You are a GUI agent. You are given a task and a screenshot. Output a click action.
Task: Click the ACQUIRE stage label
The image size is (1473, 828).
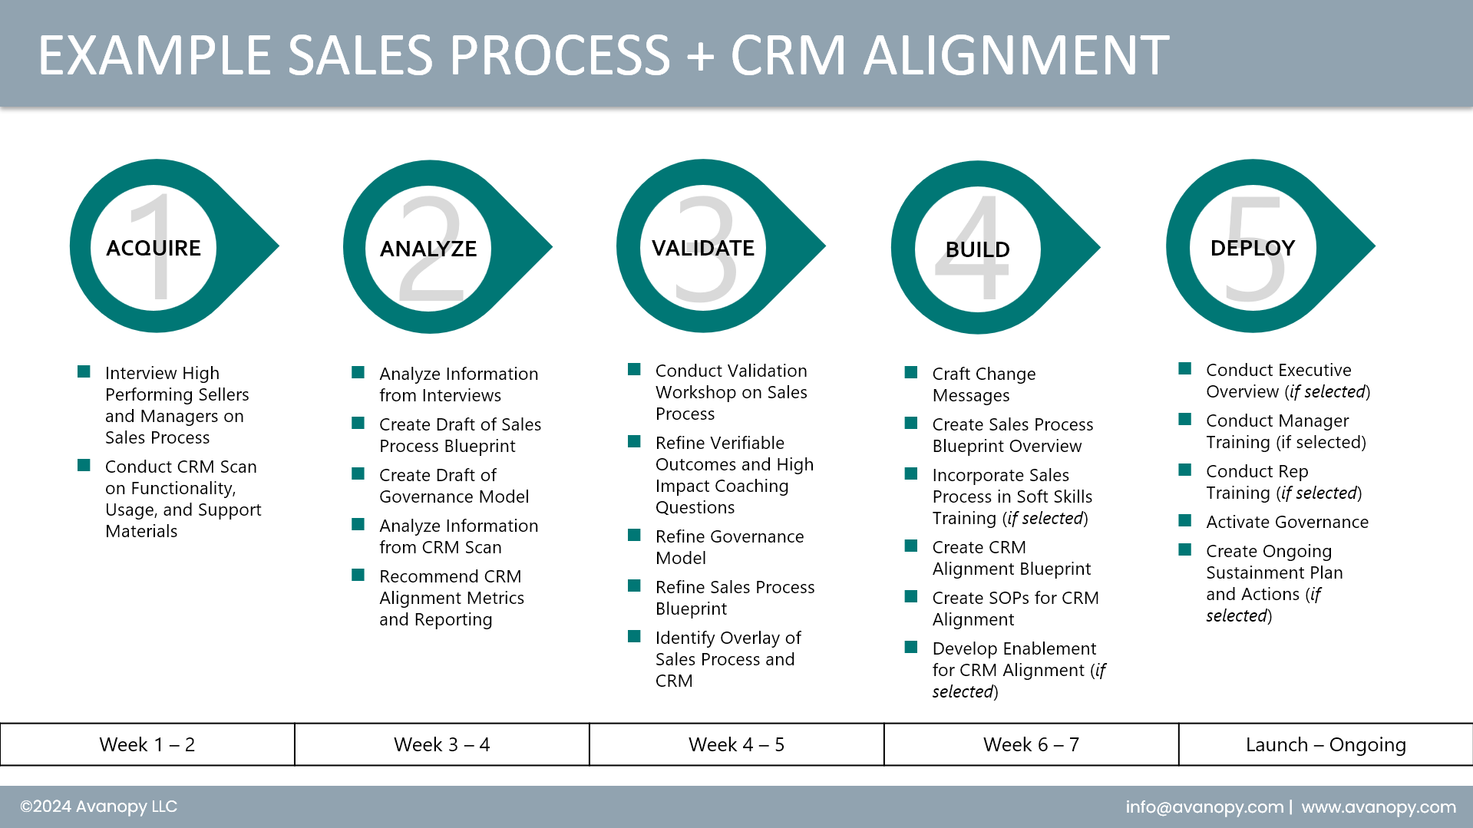click(154, 248)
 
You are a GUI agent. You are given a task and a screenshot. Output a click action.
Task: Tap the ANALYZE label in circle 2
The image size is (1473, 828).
click(428, 249)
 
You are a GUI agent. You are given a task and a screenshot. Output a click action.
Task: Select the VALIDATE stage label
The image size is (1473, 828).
click(703, 248)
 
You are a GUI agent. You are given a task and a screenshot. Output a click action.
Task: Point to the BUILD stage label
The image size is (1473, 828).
click(977, 249)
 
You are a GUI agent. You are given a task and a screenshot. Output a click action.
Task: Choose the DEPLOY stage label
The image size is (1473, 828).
click(1253, 248)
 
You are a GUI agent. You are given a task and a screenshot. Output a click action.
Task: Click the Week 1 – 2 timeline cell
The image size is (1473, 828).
click(147, 744)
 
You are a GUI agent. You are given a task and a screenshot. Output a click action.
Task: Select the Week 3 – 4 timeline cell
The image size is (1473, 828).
click(442, 744)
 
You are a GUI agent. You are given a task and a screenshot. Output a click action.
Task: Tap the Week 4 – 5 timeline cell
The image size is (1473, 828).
click(737, 744)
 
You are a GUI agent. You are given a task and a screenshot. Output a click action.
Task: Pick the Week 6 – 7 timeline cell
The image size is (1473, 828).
click(1031, 744)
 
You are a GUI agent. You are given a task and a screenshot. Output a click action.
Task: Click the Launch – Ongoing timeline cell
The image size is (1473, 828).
click(1326, 744)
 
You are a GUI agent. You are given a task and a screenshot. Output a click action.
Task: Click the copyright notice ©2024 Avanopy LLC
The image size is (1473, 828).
click(98, 807)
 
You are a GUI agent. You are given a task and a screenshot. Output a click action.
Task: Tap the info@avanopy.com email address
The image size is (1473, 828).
click(1204, 807)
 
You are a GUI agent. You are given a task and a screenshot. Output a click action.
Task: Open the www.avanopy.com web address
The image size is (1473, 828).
click(1379, 807)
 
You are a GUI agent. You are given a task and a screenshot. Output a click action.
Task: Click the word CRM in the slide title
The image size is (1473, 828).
click(788, 55)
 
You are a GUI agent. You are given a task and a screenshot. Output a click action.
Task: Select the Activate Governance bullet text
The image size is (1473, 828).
click(1287, 522)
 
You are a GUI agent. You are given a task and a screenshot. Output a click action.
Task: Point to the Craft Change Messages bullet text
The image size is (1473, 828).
click(984, 384)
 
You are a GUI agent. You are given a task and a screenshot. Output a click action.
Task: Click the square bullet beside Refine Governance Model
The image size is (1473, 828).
click(634, 536)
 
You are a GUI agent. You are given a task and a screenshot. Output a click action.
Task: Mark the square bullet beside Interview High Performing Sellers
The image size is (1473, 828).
click(84, 372)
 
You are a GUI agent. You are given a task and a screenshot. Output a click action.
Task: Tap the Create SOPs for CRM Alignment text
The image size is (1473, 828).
click(1015, 609)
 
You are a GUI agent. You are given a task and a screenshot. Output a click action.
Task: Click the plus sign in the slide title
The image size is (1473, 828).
click(700, 57)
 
